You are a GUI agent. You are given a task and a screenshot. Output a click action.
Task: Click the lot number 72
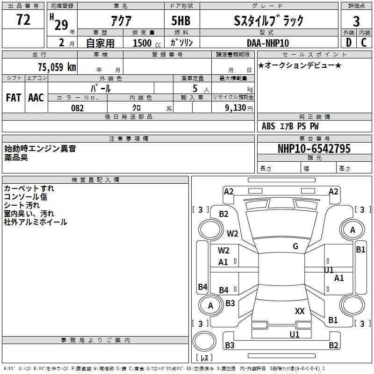(23, 21)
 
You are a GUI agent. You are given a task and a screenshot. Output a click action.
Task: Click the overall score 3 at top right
(356, 22)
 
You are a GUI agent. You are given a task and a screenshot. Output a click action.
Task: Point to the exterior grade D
(349, 43)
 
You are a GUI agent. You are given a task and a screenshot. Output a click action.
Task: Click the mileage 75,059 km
(56, 67)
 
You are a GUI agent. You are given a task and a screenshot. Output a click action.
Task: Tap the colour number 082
(77, 108)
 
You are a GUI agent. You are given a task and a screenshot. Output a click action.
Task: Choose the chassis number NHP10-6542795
(314, 149)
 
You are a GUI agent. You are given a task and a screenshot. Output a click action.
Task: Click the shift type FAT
(14, 98)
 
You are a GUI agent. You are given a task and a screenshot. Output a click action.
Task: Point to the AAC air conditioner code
(36, 98)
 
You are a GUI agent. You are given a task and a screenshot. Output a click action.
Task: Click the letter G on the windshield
(295, 246)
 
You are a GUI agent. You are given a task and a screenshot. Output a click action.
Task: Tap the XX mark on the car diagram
(300, 311)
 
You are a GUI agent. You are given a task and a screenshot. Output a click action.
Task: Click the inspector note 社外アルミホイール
(36, 222)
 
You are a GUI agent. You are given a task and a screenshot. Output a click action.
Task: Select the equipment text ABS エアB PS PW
(290, 126)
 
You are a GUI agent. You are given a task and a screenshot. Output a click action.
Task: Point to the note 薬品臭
(16, 158)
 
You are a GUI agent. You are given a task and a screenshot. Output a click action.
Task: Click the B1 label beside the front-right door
(360, 250)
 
